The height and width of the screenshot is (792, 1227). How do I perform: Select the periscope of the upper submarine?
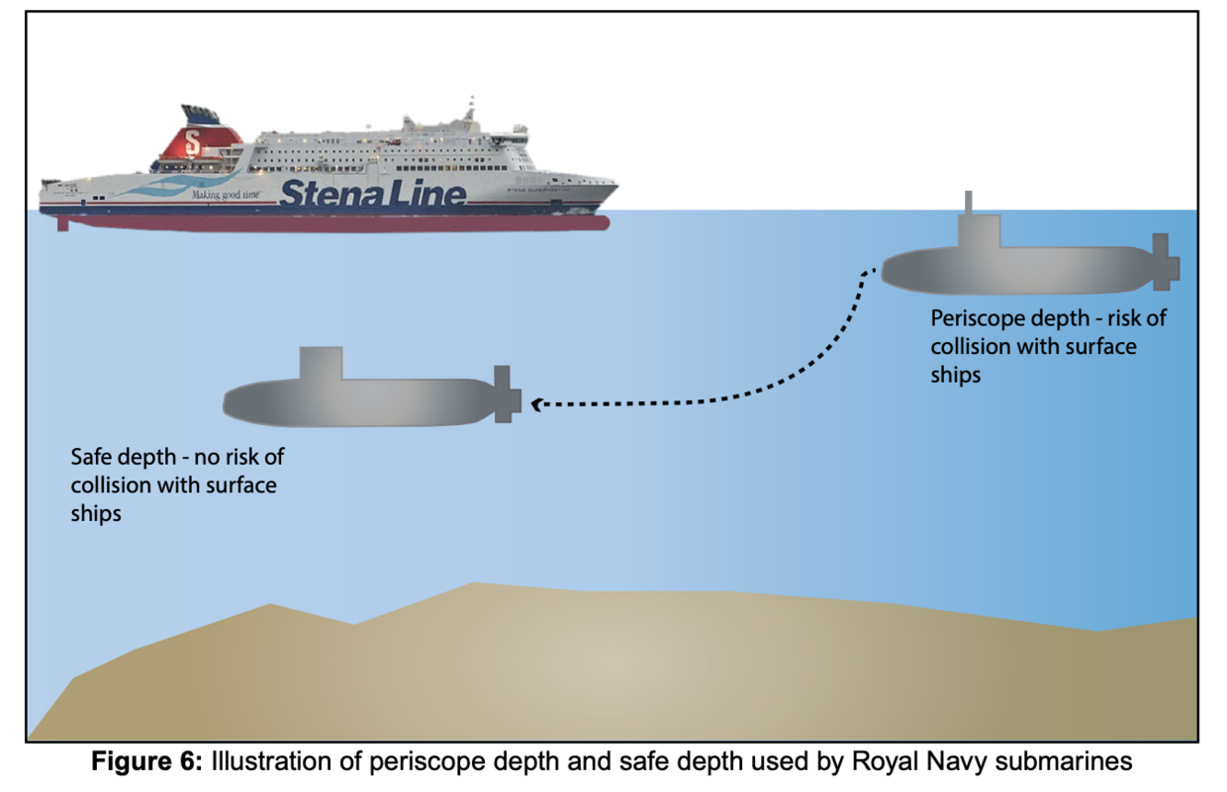968,202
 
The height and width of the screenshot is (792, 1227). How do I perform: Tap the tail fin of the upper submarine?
1163,262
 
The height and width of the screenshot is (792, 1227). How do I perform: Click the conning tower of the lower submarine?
321,364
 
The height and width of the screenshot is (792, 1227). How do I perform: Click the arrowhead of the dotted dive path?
537,403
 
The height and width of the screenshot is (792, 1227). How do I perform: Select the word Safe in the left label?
92,458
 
